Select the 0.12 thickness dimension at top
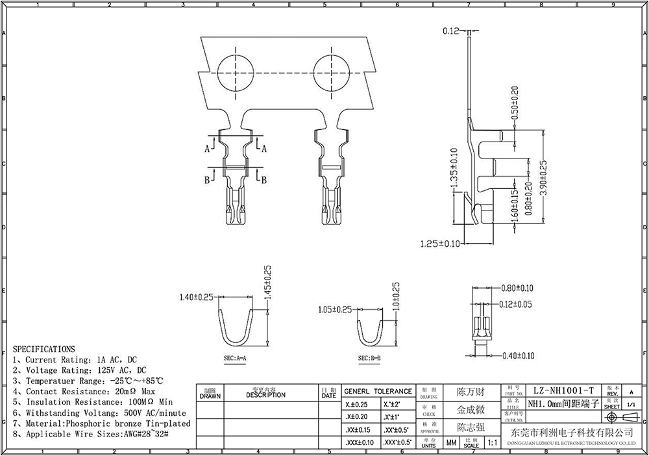point(451,31)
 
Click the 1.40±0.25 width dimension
point(197,297)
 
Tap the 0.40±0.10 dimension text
point(518,355)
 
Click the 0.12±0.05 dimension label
point(517,304)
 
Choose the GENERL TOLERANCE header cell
point(378,392)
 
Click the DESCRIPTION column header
point(265,394)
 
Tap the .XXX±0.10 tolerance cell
point(358,443)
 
